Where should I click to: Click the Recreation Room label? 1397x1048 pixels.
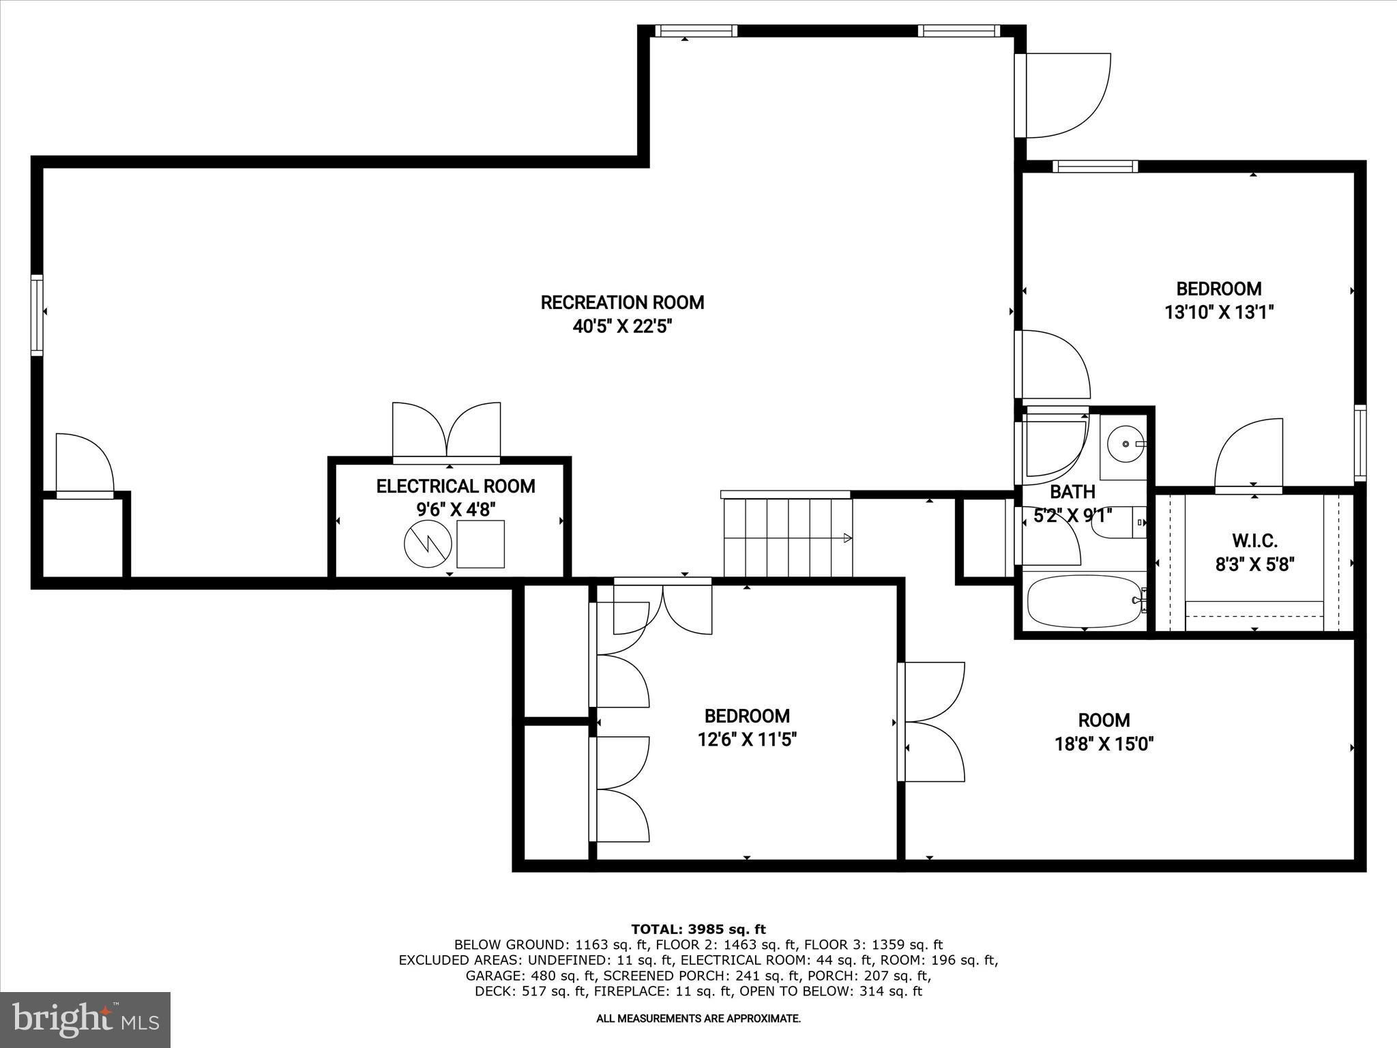622,302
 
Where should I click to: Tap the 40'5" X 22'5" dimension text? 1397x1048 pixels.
622,327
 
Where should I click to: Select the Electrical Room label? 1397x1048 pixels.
455,486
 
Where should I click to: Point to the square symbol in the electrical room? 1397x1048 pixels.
480,544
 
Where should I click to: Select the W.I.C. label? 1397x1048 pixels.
1254,541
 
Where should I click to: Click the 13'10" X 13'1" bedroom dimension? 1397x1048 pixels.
1219,312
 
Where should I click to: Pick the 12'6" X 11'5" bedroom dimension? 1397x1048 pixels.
747,740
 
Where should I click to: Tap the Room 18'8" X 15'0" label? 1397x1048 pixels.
1104,731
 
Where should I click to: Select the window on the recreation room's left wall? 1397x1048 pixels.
37,315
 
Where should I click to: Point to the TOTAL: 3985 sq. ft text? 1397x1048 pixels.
698,929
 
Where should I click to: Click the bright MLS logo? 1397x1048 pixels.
85,1020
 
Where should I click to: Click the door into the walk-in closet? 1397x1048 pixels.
1248,456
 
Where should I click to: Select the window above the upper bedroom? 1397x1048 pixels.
1095,166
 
